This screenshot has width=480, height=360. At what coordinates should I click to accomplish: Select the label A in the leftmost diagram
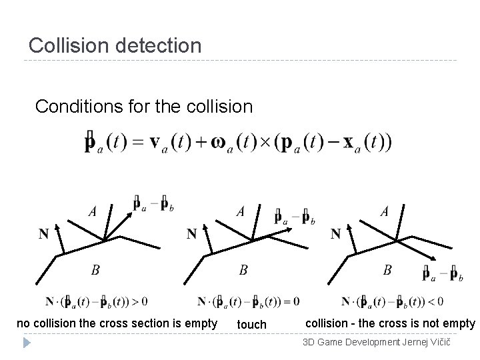[x=93, y=212]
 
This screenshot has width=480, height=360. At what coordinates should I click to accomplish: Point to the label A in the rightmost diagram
[x=385, y=211]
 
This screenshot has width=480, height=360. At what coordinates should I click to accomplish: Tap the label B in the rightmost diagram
[x=387, y=270]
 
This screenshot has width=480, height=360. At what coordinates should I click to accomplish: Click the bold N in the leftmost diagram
[x=44, y=233]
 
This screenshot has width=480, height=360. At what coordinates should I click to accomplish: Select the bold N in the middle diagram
[x=192, y=233]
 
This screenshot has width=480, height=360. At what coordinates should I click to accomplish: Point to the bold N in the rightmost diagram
[x=336, y=234]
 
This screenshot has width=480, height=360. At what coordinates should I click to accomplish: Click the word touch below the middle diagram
[x=252, y=325]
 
